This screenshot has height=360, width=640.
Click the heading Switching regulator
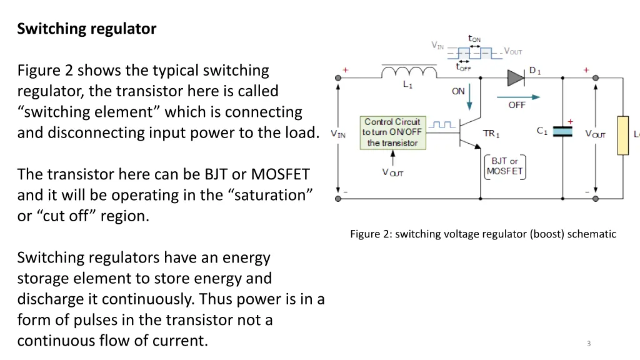[87, 29]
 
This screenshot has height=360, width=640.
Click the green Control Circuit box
[392, 132]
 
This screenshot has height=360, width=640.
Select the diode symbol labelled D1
[515, 77]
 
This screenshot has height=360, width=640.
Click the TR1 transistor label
[491, 134]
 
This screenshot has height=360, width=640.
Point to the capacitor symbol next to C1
[563, 132]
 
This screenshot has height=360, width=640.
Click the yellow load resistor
[622, 135]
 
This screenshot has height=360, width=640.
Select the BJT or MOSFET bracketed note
[504, 166]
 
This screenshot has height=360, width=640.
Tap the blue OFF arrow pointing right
[518, 96]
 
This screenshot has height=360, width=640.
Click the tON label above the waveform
[475, 39]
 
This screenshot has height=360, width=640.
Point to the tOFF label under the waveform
[463, 67]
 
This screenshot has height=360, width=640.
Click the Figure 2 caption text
[483, 234]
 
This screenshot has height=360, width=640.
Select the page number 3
[589, 343]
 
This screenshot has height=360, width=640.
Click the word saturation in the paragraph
[272, 195]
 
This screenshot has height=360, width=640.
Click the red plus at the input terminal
[345, 70]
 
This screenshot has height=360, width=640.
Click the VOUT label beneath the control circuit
[392, 172]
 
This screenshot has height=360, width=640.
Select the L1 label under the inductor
[407, 84]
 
